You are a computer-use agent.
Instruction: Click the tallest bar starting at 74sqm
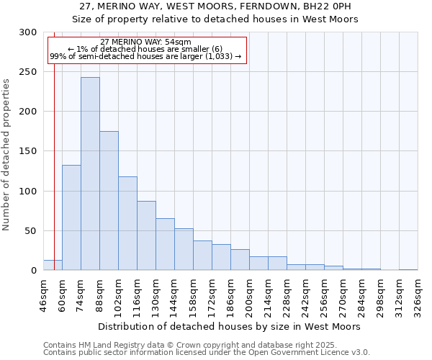point(90,174)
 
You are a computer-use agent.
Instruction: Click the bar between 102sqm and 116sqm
point(127,223)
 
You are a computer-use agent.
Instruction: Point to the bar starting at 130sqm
point(165,244)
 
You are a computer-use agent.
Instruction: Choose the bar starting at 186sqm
point(240,260)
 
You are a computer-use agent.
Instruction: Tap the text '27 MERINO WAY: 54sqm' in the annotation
point(146,42)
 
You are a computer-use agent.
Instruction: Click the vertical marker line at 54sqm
point(54,144)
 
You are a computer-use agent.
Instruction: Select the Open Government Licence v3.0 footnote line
point(207,352)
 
